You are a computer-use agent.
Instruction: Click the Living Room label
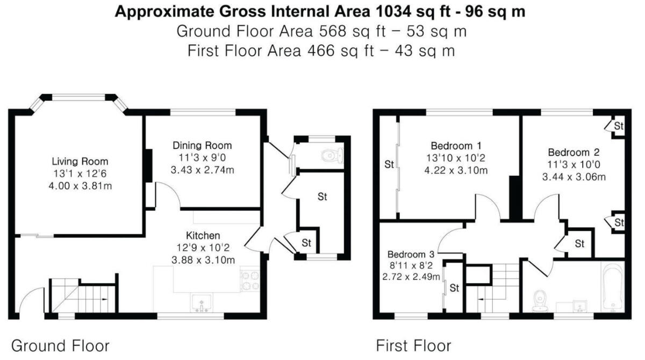click(80, 161)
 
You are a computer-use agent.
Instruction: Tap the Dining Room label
click(202, 145)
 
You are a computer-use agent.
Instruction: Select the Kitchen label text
click(203, 235)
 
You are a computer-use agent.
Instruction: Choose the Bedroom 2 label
click(574, 152)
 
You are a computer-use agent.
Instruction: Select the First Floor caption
click(413, 345)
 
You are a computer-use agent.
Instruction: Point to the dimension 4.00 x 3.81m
click(80, 186)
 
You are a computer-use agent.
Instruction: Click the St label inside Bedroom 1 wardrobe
click(388, 164)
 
